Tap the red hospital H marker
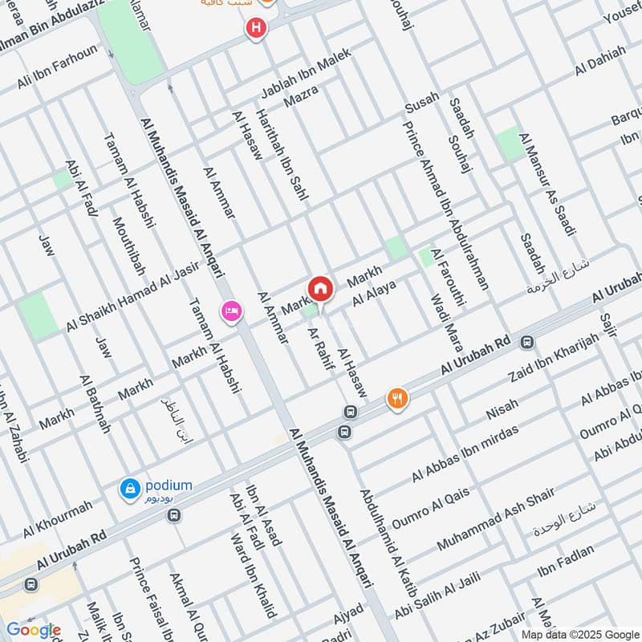(255, 29)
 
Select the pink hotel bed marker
(232, 311)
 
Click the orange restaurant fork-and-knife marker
(397, 398)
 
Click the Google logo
(33, 630)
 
